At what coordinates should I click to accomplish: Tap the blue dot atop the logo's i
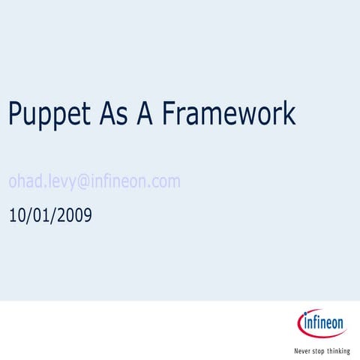(304, 316)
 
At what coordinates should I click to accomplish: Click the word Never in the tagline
(302, 350)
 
